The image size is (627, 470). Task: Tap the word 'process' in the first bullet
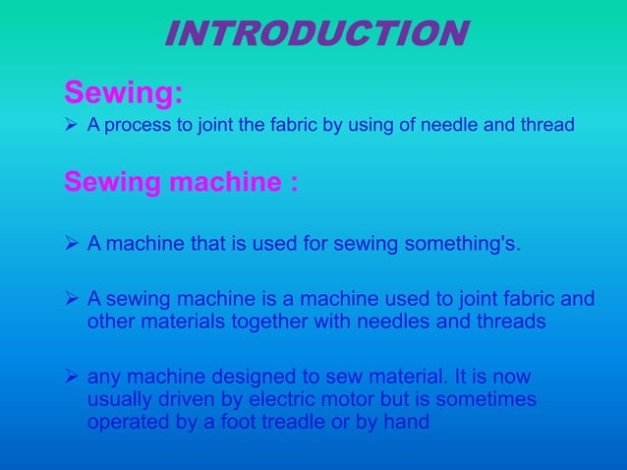[x=138, y=127]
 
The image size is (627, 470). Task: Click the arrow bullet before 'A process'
[x=72, y=127]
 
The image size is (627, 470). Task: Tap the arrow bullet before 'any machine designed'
[x=72, y=378]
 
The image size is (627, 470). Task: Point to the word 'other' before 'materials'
[x=109, y=322]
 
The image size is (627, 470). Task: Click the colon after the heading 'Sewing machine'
[x=293, y=185]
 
